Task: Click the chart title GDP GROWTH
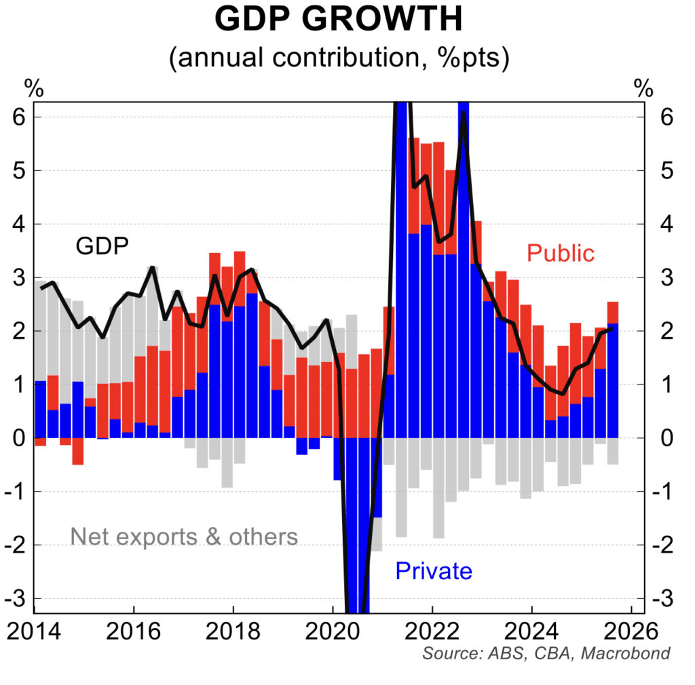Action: click(x=338, y=20)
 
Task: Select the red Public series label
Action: click(x=561, y=254)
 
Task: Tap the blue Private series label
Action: click(x=433, y=571)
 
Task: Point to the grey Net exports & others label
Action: click(x=184, y=537)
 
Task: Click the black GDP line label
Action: click(x=102, y=246)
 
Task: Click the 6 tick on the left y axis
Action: click(x=19, y=117)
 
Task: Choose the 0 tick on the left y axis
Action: click(x=19, y=438)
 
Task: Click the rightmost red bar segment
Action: click(x=613, y=313)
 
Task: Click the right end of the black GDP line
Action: click(x=613, y=328)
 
